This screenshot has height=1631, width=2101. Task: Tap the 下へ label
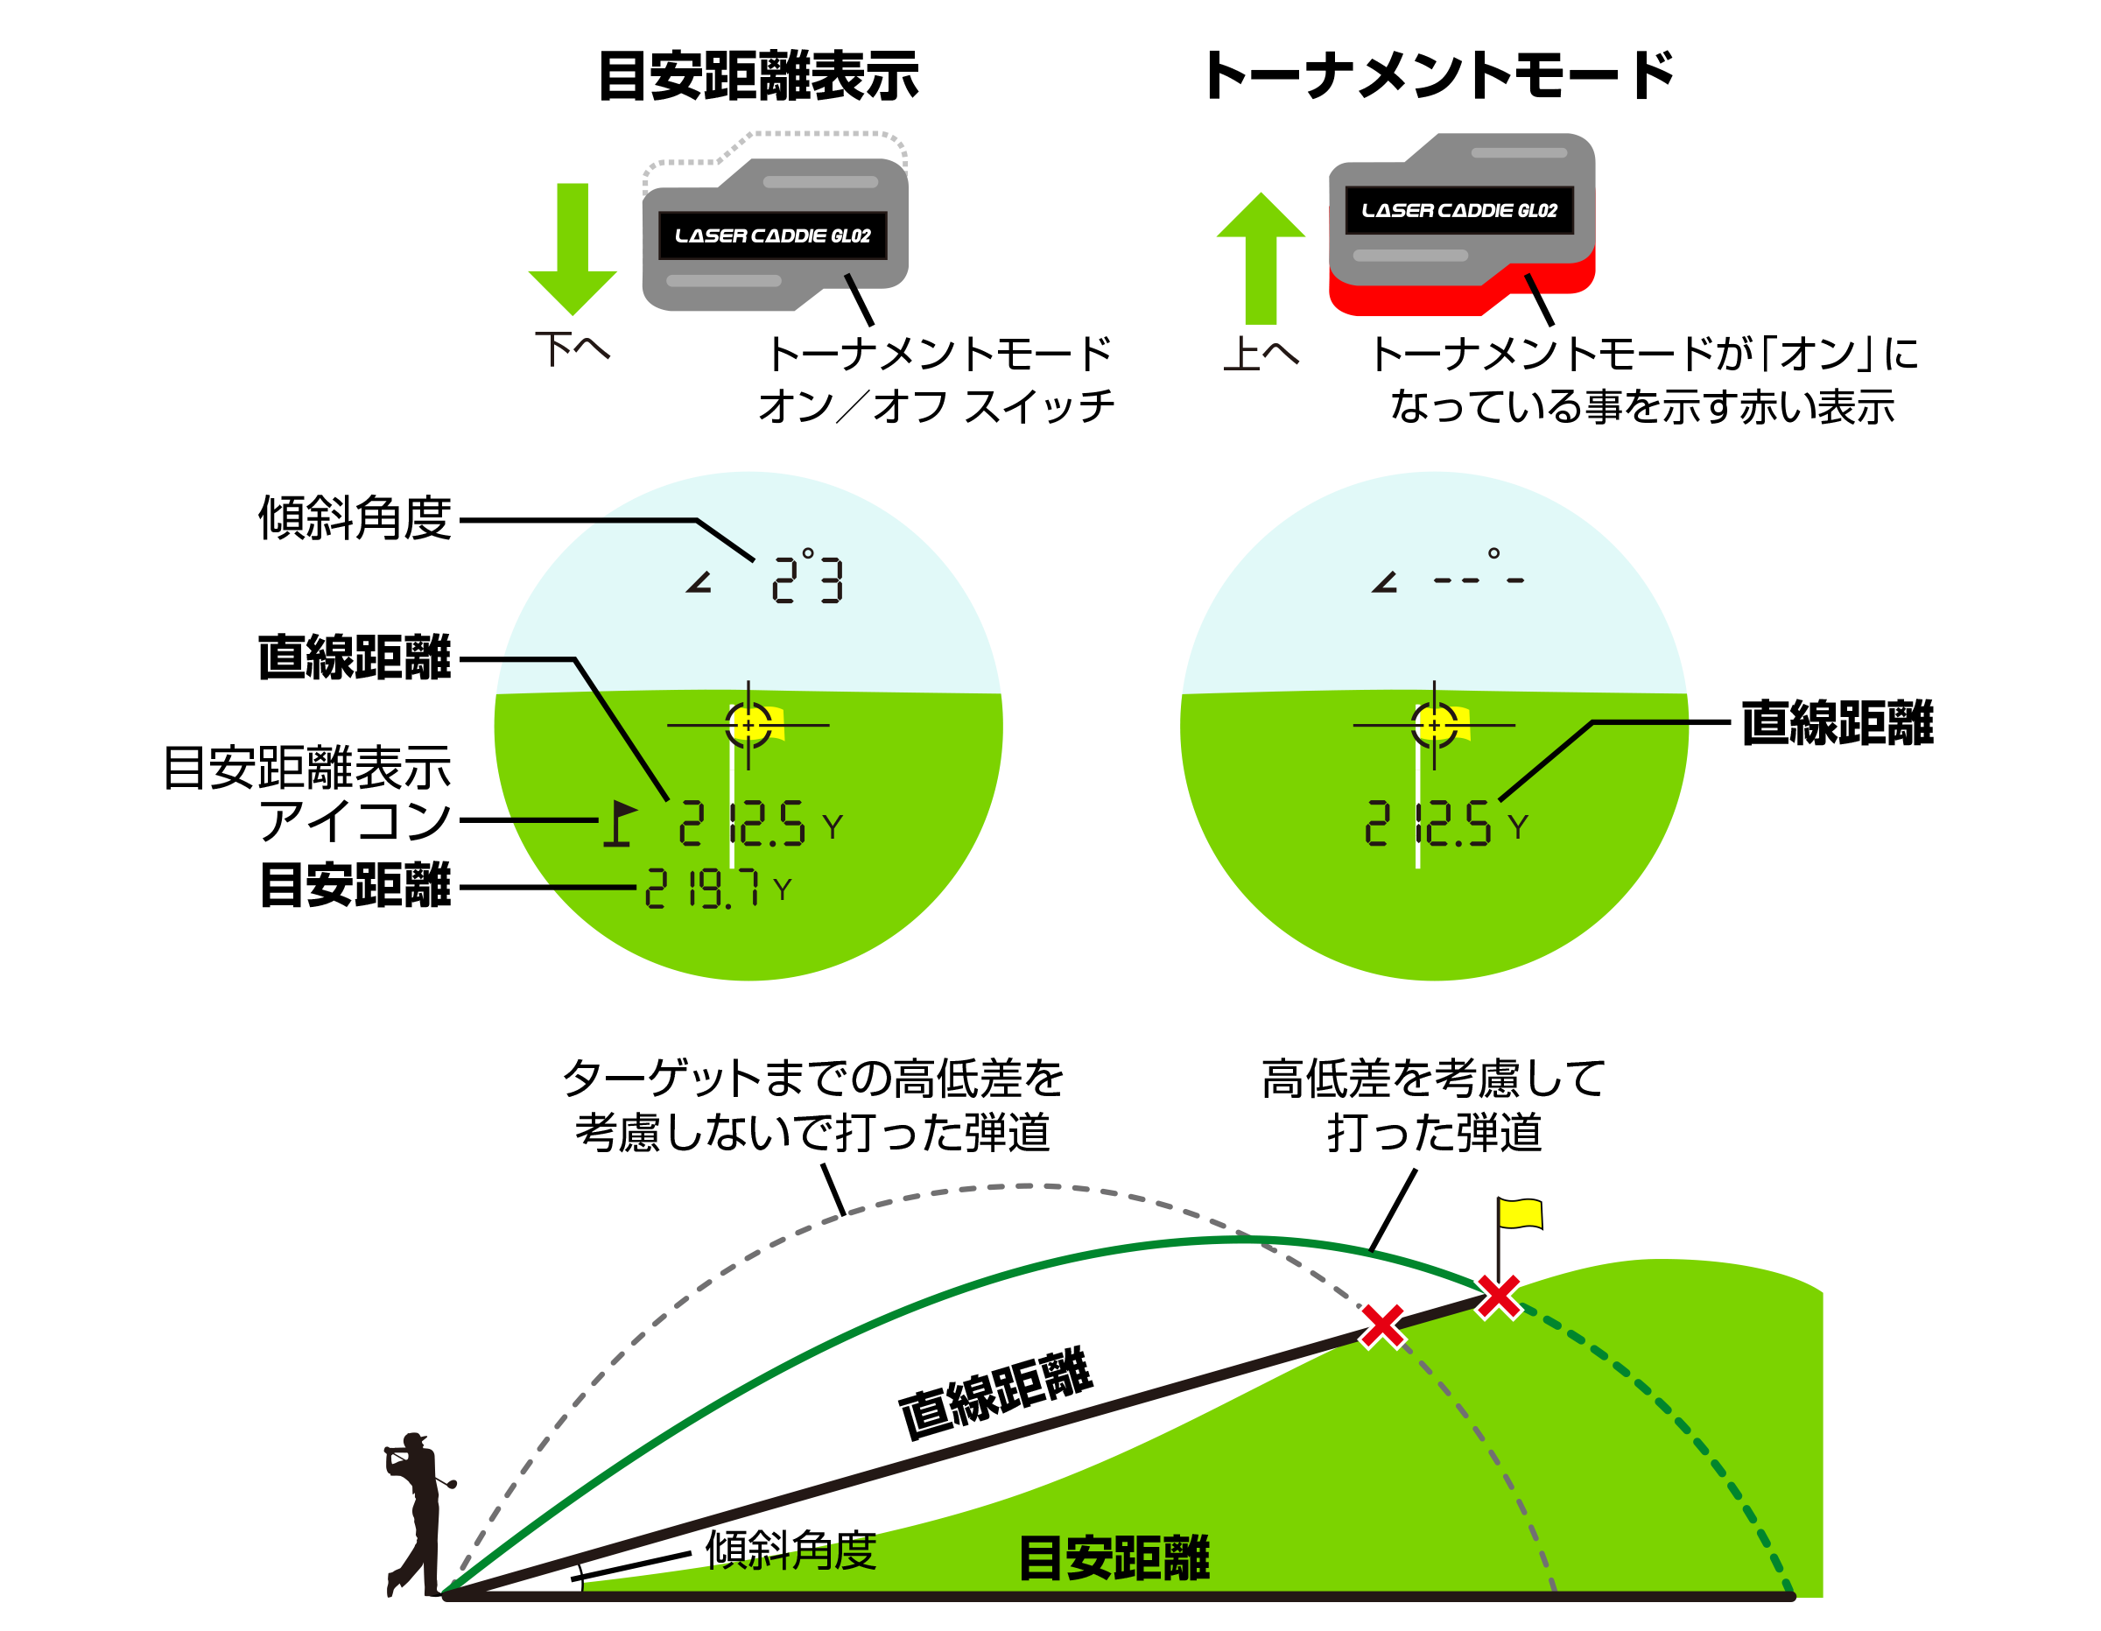(573, 348)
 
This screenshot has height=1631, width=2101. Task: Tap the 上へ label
(1261, 353)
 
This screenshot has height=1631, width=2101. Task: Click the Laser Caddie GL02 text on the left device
(772, 236)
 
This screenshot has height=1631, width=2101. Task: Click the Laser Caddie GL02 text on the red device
(1459, 211)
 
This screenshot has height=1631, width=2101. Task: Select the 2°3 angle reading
(807, 577)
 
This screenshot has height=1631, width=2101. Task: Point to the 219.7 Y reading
(718, 888)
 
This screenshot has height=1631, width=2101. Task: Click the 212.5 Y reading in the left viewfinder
(760, 825)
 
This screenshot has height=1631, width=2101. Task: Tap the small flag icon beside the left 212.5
(620, 824)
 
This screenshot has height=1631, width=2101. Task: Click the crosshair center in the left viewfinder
(748, 725)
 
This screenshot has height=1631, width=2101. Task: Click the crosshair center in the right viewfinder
(1434, 725)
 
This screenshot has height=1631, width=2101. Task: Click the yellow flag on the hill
(1520, 1213)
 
